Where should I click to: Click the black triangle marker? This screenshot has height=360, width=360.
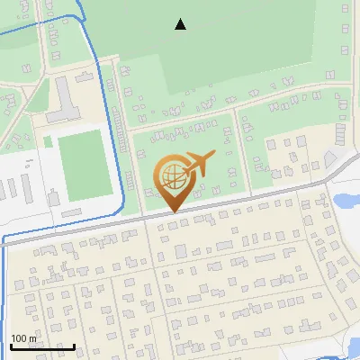click(180, 25)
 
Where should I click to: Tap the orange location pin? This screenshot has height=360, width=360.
click(173, 180)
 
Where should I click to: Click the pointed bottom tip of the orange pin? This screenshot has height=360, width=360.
click(173, 211)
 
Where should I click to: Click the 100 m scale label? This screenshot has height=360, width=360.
click(23, 338)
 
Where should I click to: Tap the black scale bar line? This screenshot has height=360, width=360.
click(42, 346)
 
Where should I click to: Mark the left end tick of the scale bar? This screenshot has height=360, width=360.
click(11, 346)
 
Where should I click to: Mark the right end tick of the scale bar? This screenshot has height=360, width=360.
click(74, 346)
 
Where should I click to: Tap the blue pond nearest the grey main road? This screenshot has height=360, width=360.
click(346, 201)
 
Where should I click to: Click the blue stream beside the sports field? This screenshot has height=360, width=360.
click(118, 166)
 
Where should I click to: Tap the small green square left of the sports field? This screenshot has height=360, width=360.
click(48, 142)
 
